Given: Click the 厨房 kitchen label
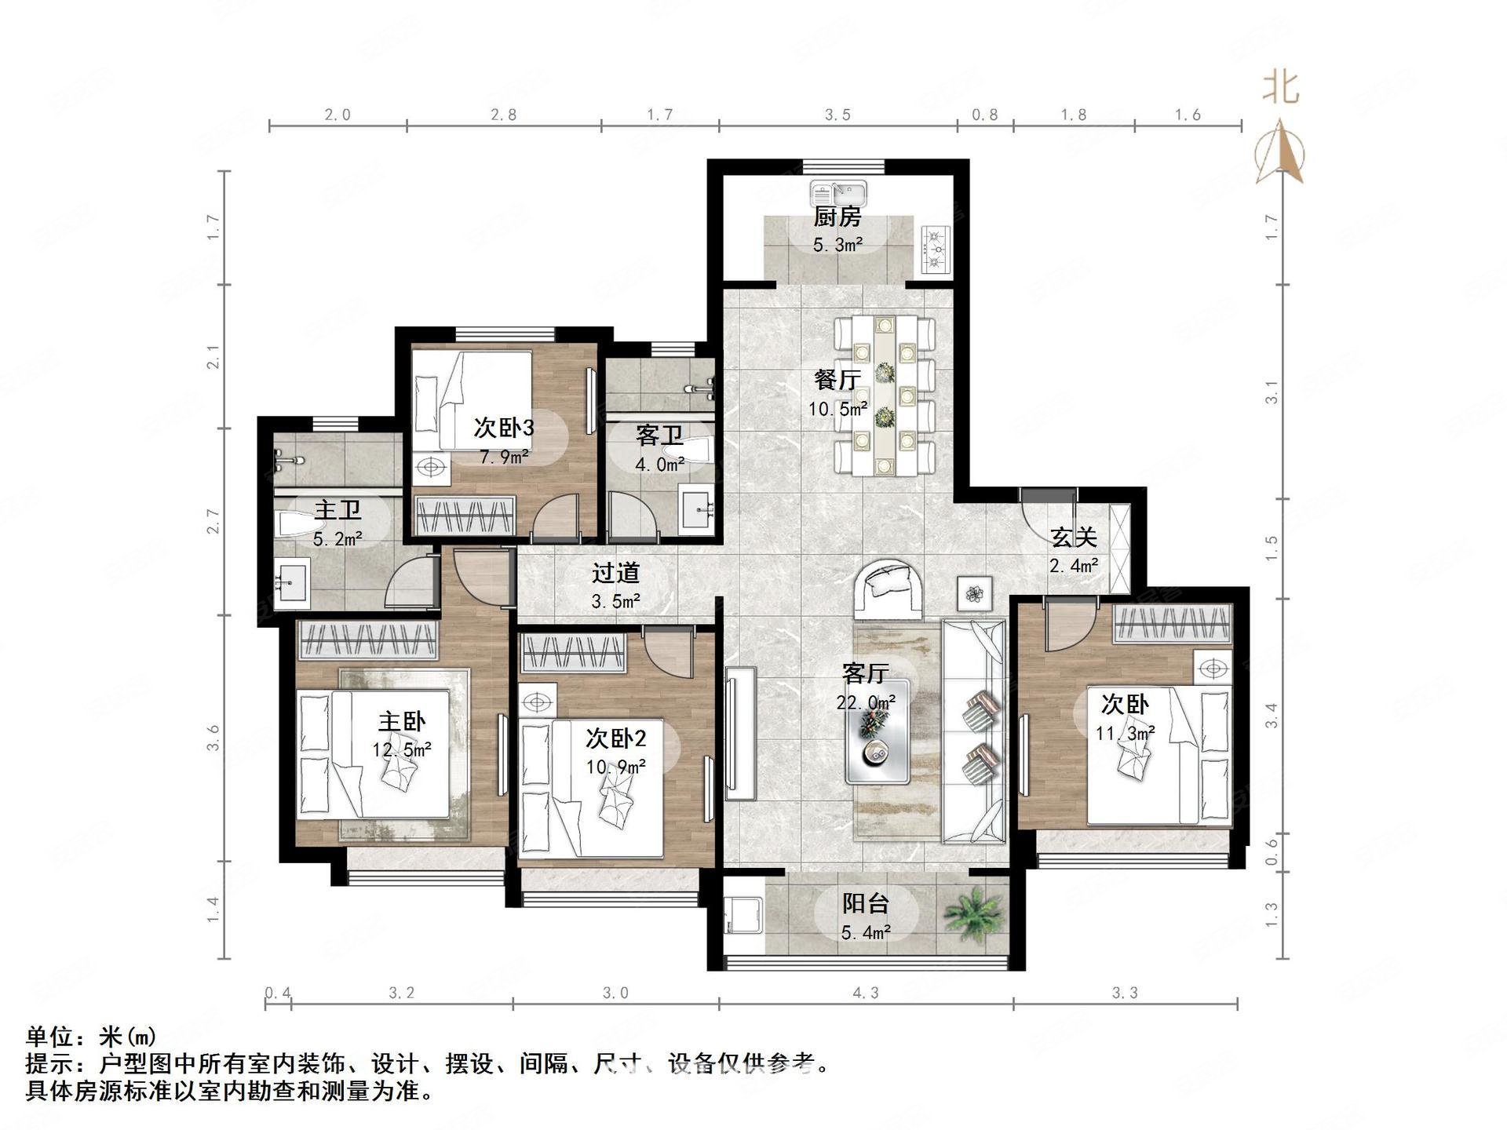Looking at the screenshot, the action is click(837, 217).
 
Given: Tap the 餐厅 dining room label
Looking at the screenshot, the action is click(837, 380).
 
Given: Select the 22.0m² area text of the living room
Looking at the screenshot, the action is click(866, 702).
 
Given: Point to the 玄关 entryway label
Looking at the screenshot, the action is click(1074, 538).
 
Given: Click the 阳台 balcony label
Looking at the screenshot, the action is click(865, 904).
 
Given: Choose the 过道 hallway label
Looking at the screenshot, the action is click(615, 574).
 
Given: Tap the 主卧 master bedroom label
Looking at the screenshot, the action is click(402, 721).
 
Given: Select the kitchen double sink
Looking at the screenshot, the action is click(838, 193).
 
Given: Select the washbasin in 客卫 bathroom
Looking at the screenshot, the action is click(698, 511).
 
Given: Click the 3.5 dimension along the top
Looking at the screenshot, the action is click(837, 115).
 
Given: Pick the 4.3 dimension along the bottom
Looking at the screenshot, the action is click(866, 993).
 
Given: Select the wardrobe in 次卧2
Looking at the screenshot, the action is click(573, 652).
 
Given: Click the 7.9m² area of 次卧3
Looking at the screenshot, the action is click(504, 456).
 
